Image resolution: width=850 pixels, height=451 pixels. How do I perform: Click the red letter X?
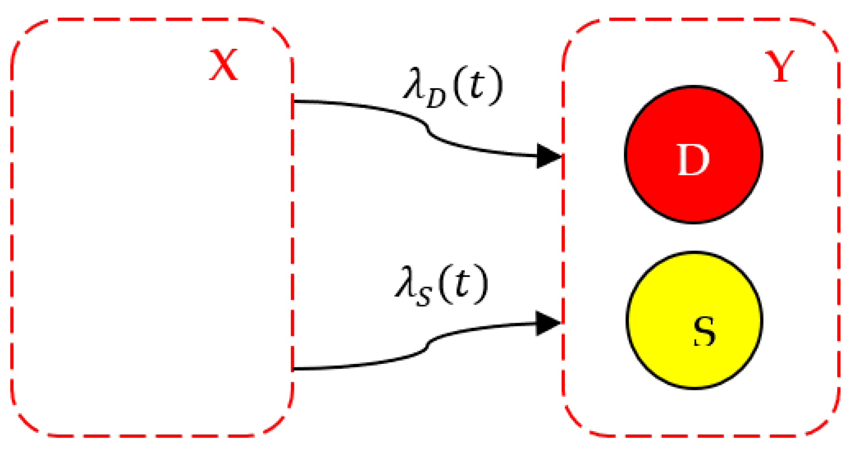coord(223,65)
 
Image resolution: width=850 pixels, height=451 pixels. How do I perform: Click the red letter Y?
coord(779,67)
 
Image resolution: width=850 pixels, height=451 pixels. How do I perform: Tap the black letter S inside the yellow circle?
coord(705,332)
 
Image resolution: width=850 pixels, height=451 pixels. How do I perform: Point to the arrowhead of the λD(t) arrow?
coord(549,156)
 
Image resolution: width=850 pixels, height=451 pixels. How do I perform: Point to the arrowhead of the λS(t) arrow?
coord(548,323)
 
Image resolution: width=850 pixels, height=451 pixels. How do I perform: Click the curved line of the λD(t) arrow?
coord(427,127)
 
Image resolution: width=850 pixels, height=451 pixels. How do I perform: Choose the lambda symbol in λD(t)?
coord(413,84)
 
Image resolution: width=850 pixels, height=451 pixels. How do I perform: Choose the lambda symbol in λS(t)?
coord(404,282)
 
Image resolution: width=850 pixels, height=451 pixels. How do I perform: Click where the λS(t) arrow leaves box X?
coord(294,369)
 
